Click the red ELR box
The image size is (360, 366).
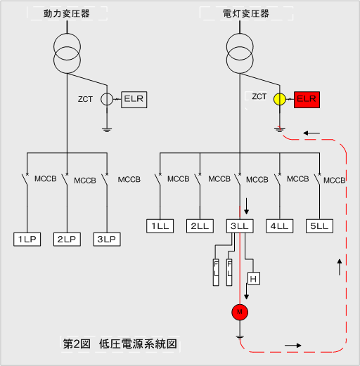[307, 100]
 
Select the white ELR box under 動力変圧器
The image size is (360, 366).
[134, 100]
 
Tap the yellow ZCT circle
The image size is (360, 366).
[280, 99]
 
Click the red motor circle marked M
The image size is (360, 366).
[240, 312]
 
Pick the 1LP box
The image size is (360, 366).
[27, 240]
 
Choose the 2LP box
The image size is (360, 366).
[67, 240]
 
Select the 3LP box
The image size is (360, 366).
[107, 240]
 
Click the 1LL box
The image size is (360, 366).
[160, 226]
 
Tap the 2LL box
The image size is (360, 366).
[200, 226]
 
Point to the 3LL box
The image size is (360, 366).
[240, 226]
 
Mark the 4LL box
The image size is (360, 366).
[280, 226]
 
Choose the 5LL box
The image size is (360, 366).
[319, 226]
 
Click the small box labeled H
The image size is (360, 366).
[254, 278]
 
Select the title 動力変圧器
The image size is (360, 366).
[67, 13]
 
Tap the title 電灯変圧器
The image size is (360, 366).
[246, 13]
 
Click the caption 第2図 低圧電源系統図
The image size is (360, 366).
[120, 344]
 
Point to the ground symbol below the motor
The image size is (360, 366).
[240, 337]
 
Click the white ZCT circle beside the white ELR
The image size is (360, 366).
[107, 99]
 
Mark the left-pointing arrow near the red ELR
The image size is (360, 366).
[311, 133]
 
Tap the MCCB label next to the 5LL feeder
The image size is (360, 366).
[335, 181]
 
